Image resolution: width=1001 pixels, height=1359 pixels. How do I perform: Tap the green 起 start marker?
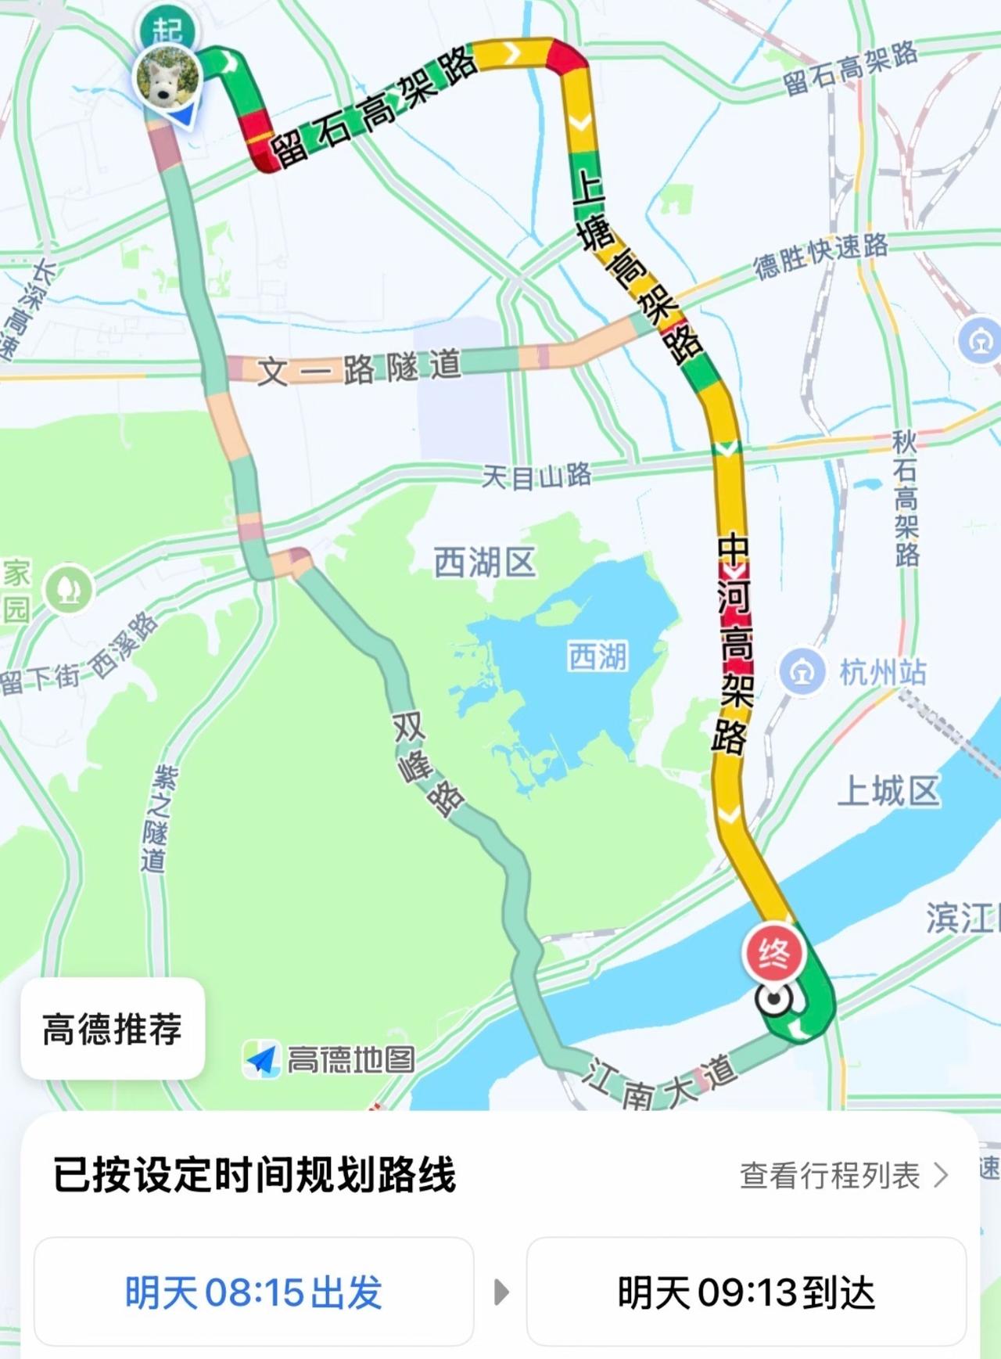(x=167, y=29)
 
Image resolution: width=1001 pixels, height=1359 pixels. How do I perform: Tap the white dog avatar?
(x=167, y=78)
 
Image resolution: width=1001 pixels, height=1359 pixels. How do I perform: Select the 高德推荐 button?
(x=113, y=1028)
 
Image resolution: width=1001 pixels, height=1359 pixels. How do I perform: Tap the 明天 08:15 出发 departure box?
(x=253, y=1292)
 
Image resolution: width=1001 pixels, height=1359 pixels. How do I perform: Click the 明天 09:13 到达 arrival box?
(x=746, y=1292)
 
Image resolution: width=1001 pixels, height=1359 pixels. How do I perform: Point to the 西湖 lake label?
(x=597, y=656)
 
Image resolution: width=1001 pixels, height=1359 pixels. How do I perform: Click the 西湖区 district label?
(x=485, y=563)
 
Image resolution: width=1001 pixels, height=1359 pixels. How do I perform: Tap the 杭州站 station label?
(x=883, y=672)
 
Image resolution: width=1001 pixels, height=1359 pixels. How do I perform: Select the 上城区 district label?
(x=888, y=792)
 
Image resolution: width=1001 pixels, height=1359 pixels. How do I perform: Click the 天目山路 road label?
(x=536, y=476)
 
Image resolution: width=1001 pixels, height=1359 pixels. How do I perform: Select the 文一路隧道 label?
(x=359, y=368)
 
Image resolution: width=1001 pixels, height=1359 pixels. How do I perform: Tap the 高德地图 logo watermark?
(x=328, y=1060)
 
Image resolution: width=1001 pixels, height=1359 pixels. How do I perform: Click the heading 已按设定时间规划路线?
(x=254, y=1174)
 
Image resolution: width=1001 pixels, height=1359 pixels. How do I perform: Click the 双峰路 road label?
(x=426, y=764)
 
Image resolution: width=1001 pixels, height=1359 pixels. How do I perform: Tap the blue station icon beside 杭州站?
(x=802, y=672)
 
